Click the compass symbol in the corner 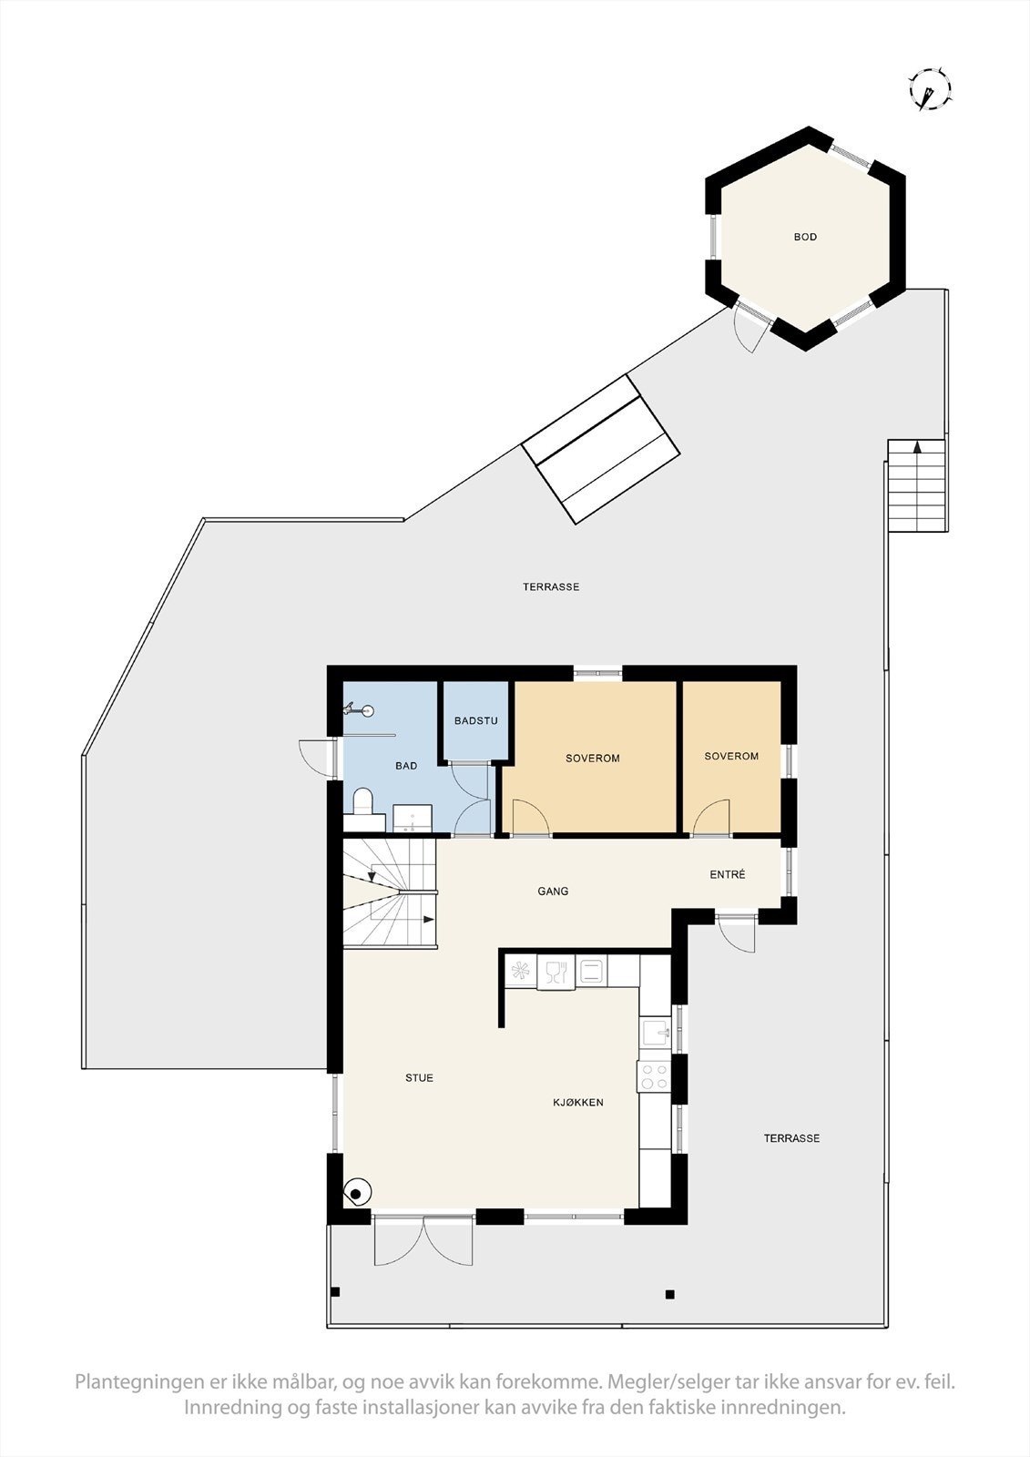point(930,90)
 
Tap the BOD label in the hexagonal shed point(805,237)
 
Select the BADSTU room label point(475,721)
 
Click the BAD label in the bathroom point(406,766)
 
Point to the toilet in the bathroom point(362,802)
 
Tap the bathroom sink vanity point(412,818)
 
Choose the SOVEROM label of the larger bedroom point(592,758)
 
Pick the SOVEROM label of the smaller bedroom point(731,756)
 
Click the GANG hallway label point(553,892)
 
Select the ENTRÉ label point(728,874)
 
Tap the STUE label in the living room point(419,1078)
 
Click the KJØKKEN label point(578,1103)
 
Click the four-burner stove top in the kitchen point(654,1076)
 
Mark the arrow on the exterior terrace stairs point(917,447)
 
